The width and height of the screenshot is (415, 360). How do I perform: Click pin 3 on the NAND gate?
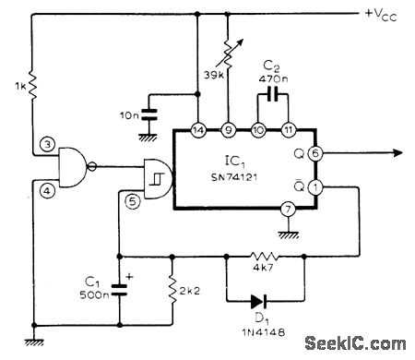pos(44,146)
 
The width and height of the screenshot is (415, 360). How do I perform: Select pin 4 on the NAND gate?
pos(44,191)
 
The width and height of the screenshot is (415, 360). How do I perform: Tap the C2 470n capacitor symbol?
pos(274,94)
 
